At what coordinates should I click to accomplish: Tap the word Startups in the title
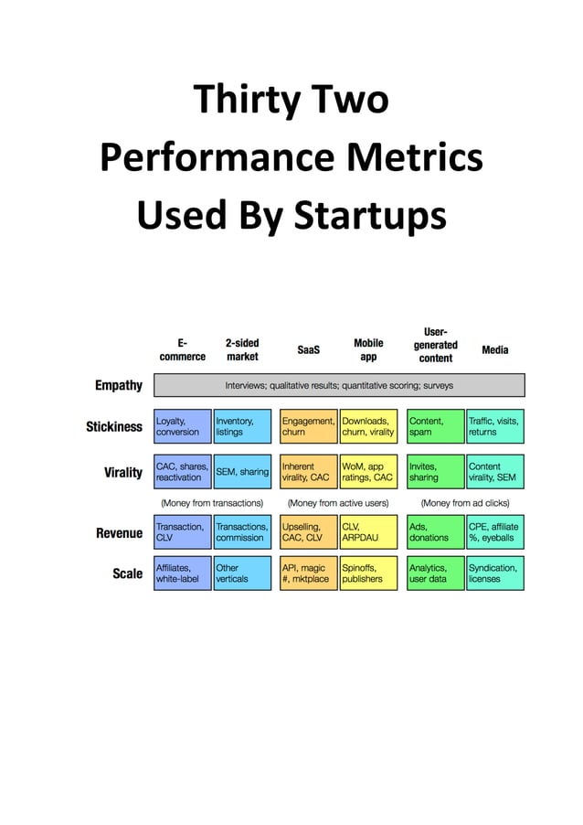[369, 217]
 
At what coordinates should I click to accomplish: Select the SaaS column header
[308, 349]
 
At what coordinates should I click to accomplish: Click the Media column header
[494, 349]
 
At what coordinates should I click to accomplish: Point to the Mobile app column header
[368, 349]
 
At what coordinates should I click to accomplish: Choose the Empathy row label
[119, 385]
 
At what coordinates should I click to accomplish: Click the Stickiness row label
[114, 426]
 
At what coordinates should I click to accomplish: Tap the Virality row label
[123, 472]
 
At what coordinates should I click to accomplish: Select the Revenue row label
[120, 533]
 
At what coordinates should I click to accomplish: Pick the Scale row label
[127, 573]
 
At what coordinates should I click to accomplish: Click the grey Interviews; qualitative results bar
[339, 385]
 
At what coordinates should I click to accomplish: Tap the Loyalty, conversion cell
[182, 426]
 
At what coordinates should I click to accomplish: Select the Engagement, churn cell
[308, 426]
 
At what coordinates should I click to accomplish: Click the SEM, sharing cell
[242, 472]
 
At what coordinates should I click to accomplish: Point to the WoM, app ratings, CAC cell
[368, 472]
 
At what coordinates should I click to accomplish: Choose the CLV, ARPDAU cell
[368, 532]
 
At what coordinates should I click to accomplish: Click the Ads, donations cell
[435, 532]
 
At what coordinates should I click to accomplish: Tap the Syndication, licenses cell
[495, 573]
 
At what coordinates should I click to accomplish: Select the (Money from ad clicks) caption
[465, 503]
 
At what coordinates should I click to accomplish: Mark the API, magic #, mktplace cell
[308, 573]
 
